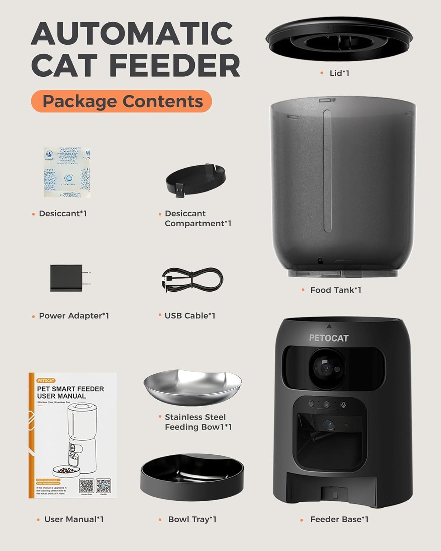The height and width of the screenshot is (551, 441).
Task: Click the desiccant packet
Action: tap(67, 173)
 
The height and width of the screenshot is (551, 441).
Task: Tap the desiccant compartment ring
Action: tap(195, 179)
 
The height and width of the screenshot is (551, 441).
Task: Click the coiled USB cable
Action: tap(192, 280)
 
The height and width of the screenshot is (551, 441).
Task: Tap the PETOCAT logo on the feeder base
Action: tap(329, 338)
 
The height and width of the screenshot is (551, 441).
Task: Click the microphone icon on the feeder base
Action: tap(344, 404)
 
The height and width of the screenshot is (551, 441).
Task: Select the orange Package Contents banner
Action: tap(122, 101)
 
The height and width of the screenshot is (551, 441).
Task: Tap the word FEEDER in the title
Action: tap(175, 65)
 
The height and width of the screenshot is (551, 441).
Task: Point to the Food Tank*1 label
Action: tap(336, 290)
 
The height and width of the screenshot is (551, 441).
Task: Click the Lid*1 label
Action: tap(339, 73)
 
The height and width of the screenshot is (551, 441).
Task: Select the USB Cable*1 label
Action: tap(190, 316)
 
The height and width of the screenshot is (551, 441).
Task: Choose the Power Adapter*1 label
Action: tap(74, 316)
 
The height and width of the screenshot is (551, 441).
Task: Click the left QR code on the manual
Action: tap(87, 486)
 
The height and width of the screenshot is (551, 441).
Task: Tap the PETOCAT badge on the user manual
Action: tap(46, 381)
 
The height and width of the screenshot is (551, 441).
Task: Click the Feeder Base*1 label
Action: tap(339, 519)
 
